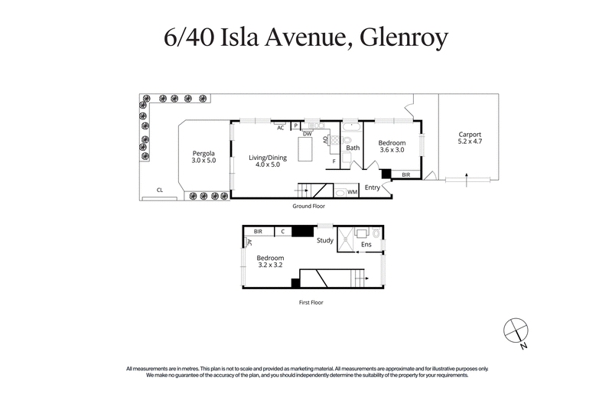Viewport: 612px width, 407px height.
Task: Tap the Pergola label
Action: click(203, 153)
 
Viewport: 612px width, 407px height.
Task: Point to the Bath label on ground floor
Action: click(352, 148)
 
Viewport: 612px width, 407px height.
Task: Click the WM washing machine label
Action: click(353, 192)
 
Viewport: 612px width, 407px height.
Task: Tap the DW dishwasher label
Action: click(307, 134)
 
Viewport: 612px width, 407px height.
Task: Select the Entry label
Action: click(373, 187)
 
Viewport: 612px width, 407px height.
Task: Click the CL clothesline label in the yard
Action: click(160, 190)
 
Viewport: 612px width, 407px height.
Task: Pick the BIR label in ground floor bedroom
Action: click(405, 175)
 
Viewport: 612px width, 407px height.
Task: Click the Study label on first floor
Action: click(325, 241)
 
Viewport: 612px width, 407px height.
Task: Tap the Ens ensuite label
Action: click(366, 245)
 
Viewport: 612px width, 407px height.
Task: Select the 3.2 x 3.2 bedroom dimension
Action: click(270, 265)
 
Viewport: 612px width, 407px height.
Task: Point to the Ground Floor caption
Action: click(308, 207)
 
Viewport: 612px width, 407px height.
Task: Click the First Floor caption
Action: click(311, 303)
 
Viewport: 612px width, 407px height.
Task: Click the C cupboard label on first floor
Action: click(282, 231)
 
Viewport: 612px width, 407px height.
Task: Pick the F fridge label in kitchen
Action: click(334, 161)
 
